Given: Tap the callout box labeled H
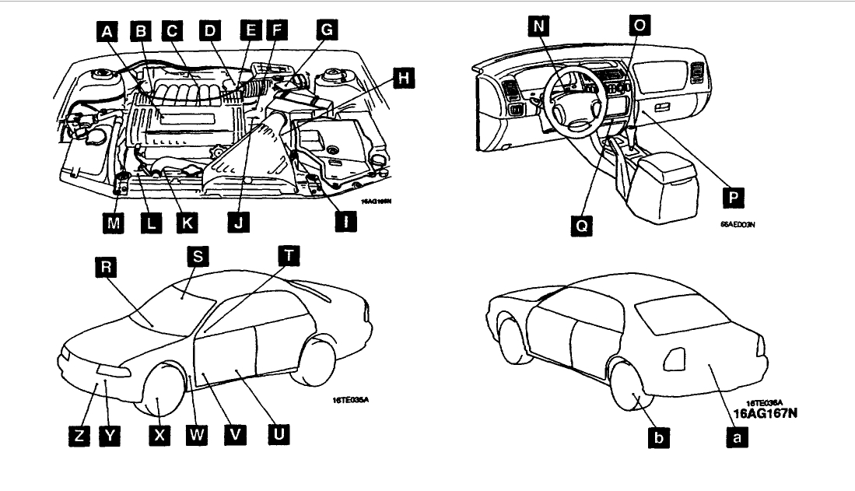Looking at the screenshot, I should point(402,78).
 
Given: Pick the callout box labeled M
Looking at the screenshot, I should point(113,223).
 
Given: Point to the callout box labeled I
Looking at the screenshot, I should point(347,223).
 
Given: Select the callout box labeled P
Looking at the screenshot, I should point(731,198).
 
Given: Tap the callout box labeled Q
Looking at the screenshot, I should point(580,226).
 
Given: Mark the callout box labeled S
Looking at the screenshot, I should point(198,256).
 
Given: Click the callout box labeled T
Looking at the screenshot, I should point(289,256).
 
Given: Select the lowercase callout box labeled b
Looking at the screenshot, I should point(659,437).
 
